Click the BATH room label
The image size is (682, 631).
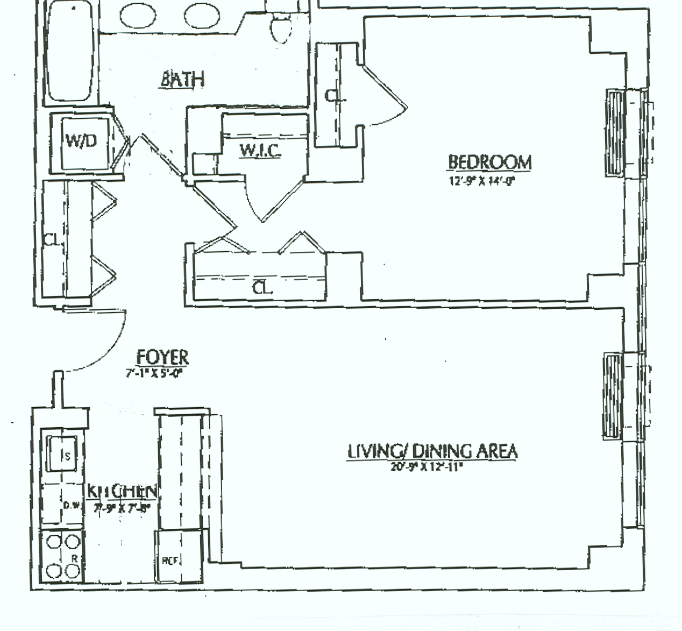pyautogui.click(x=183, y=79)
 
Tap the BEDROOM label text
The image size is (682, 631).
pyautogui.click(x=489, y=162)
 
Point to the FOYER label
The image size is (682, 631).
pyautogui.click(x=162, y=357)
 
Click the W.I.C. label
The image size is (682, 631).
pyautogui.click(x=260, y=151)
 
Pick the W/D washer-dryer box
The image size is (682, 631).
pyautogui.click(x=81, y=142)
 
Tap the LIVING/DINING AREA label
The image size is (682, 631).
pyautogui.click(x=432, y=451)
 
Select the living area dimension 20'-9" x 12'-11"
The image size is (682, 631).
pyautogui.click(x=428, y=467)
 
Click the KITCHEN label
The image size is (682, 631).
pyautogui.click(x=123, y=491)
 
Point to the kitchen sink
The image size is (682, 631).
pyautogui.click(x=63, y=454)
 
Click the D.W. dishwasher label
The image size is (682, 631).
pyautogui.click(x=72, y=506)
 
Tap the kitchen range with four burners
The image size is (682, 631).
pyautogui.click(x=63, y=556)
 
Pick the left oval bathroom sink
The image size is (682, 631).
pyautogui.click(x=139, y=16)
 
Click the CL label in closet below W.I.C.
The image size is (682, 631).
pyautogui.click(x=262, y=288)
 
